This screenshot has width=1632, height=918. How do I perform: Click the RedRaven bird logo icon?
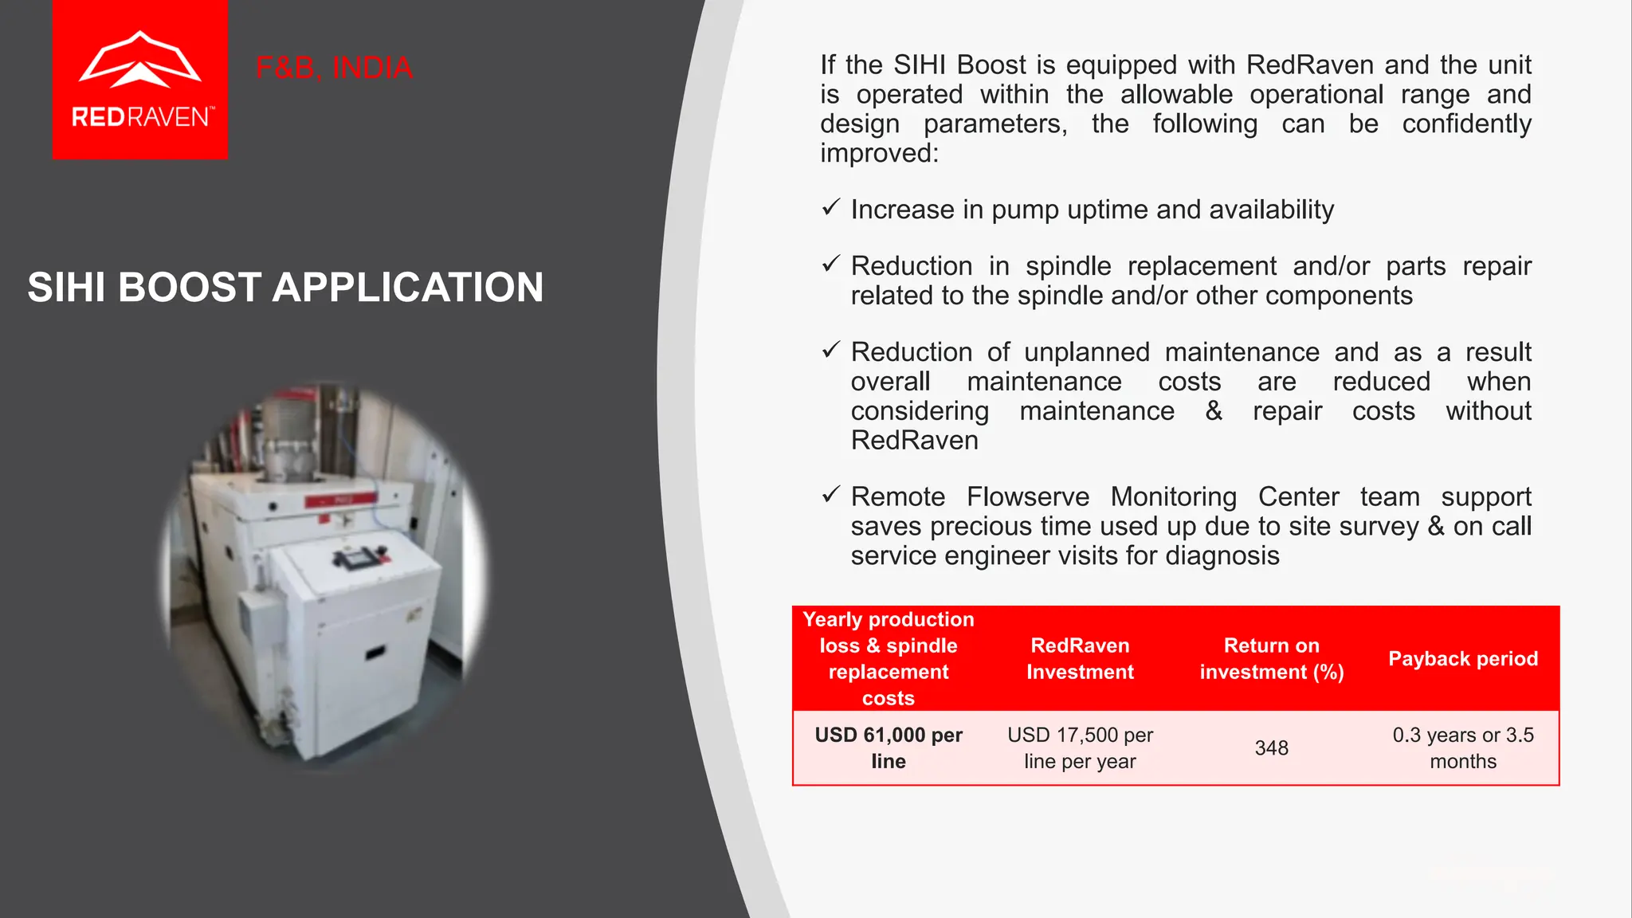pos(139,59)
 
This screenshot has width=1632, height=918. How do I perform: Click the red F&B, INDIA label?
pos(334,68)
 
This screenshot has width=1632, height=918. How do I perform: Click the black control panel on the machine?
pos(361,558)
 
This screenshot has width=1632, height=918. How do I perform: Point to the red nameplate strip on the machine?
pos(341,500)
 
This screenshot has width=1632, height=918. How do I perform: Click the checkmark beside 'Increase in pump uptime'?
pos(830,209)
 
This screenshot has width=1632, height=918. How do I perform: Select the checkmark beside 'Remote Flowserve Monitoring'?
pos(830,496)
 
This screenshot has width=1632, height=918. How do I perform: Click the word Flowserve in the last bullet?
pos(1027,496)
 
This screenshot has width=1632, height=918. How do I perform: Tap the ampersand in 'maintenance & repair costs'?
pos(1213,411)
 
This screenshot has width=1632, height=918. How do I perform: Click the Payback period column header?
pos(1462,658)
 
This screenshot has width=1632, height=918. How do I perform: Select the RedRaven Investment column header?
pos(1080,658)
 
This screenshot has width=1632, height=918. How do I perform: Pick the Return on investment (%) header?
pos(1271,658)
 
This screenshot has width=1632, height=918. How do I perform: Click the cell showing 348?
pos(1271,747)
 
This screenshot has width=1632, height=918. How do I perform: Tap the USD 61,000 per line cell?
pos(888,747)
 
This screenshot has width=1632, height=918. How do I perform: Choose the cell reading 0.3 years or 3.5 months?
pos(1462,747)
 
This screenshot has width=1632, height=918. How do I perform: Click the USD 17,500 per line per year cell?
pos(1080,747)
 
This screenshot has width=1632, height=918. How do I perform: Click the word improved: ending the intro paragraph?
pos(879,153)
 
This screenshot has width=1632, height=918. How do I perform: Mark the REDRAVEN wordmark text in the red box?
pos(141,117)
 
